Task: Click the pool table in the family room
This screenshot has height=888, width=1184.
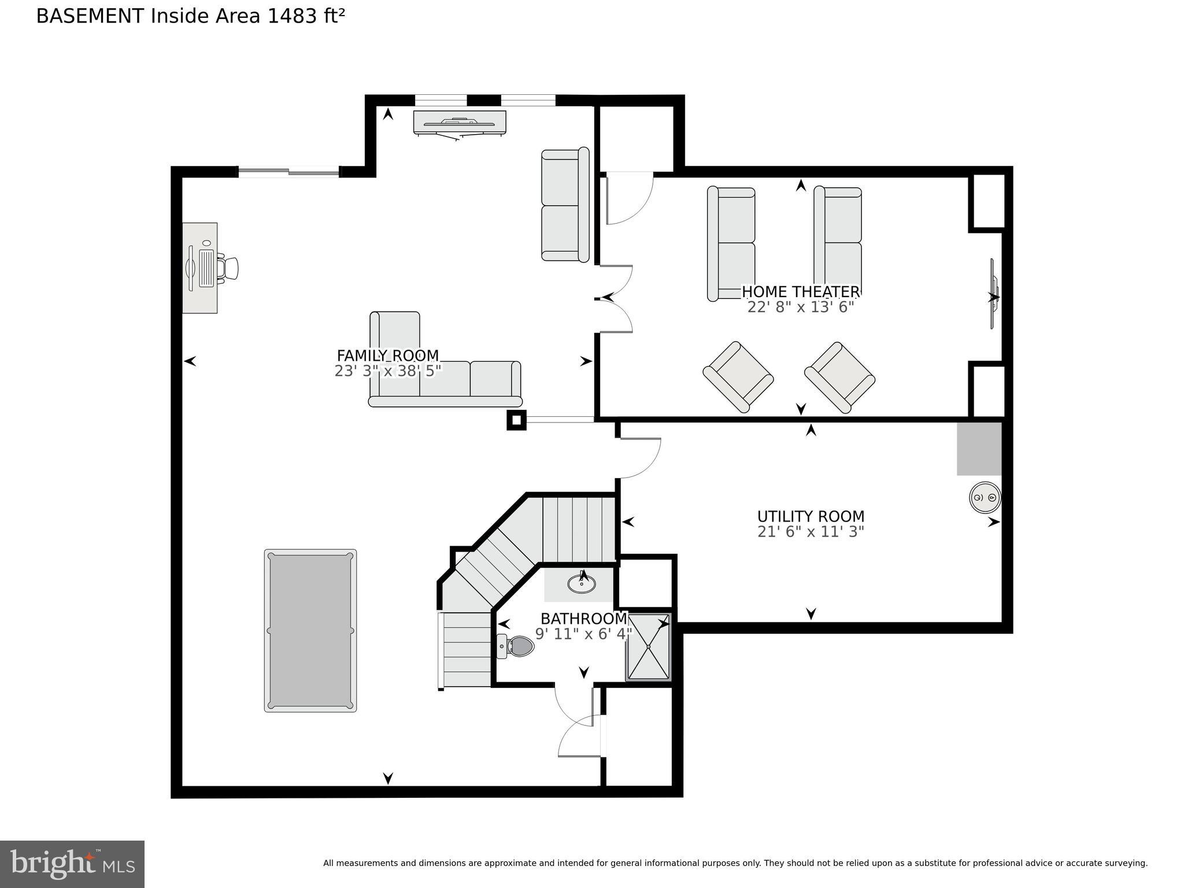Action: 310,630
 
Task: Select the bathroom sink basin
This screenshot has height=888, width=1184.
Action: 582,584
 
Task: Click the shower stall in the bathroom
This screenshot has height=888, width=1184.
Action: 648,647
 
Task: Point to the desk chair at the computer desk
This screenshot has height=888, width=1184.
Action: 230,268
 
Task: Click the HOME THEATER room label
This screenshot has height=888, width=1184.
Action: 800,292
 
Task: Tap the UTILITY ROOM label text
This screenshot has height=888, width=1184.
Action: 811,516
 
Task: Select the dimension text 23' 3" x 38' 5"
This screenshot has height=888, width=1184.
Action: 387,371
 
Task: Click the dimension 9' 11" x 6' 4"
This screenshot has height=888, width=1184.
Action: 583,634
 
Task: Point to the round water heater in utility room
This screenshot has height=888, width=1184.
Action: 985,497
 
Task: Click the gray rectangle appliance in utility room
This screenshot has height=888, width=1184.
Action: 979,449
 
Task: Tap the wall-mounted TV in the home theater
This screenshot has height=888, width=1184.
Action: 994,294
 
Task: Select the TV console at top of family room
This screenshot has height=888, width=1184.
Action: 460,123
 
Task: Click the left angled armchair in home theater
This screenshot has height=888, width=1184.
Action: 738,377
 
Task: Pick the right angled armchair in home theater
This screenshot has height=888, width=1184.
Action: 839,377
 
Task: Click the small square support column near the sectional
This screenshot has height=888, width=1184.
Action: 516,420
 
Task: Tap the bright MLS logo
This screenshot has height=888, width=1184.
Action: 72,864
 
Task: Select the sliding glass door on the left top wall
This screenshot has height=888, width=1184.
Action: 288,171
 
